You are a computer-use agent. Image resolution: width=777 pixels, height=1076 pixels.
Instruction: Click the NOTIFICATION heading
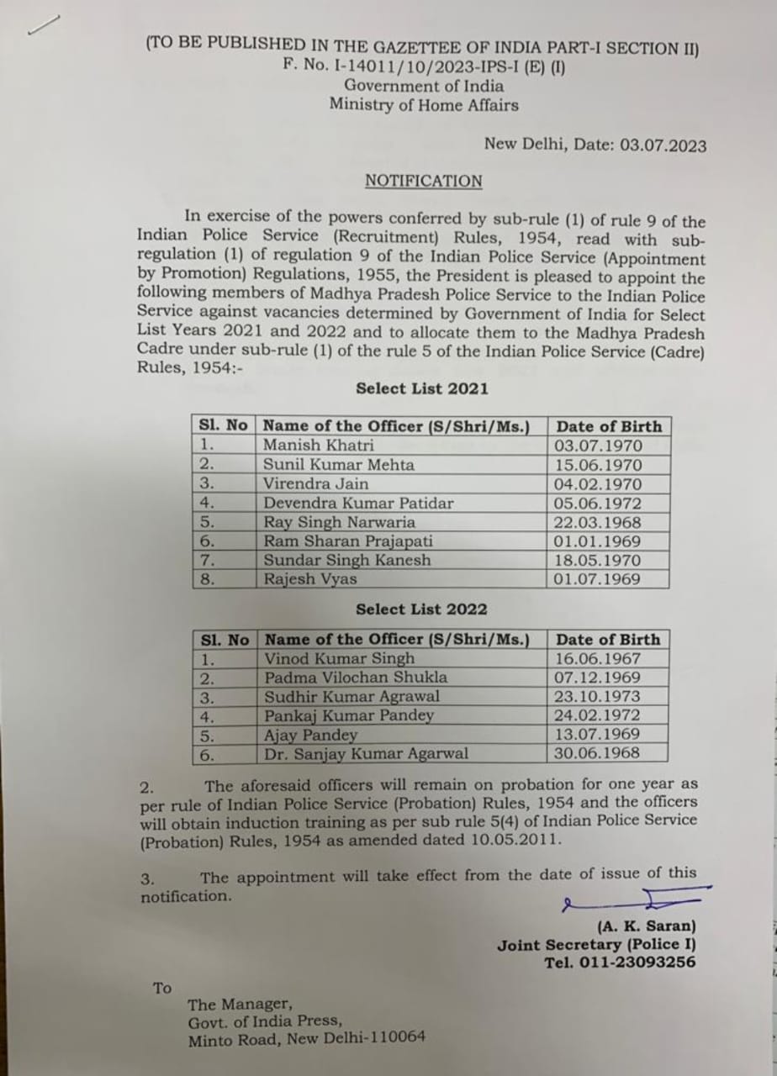coord(423,182)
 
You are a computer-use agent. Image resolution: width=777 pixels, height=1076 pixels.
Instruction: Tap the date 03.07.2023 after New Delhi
coord(663,145)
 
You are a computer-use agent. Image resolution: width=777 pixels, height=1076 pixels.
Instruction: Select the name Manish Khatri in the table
coord(318,446)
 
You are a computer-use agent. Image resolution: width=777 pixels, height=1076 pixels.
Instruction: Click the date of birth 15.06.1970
coord(597,465)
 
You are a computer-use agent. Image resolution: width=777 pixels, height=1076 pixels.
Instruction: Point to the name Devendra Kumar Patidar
coord(358,504)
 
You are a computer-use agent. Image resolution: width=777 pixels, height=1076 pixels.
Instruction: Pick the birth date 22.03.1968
coord(597,523)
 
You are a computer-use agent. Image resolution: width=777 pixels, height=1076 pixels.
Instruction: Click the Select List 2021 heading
coord(421,388)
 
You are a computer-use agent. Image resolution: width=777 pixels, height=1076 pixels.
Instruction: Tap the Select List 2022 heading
coord(421,609)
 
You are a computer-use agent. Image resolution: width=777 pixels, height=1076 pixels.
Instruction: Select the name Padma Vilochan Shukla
coord(356,678)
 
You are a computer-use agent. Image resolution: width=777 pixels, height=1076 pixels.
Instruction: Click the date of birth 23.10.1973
coord(597,697)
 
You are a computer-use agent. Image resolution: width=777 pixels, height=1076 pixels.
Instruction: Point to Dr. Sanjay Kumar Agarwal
coord(366,754)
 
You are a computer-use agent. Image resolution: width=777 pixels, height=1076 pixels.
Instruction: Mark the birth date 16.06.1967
coord(597,659)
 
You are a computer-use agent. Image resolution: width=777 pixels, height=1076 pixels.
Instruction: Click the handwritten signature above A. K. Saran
coord(639,900)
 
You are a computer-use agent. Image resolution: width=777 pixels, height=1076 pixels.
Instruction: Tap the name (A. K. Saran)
coord(646,927)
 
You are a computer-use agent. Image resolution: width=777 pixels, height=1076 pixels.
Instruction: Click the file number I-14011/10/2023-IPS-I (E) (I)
coord(424,67)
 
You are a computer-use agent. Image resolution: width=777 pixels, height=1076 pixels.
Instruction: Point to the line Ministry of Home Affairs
coord(423,105)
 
